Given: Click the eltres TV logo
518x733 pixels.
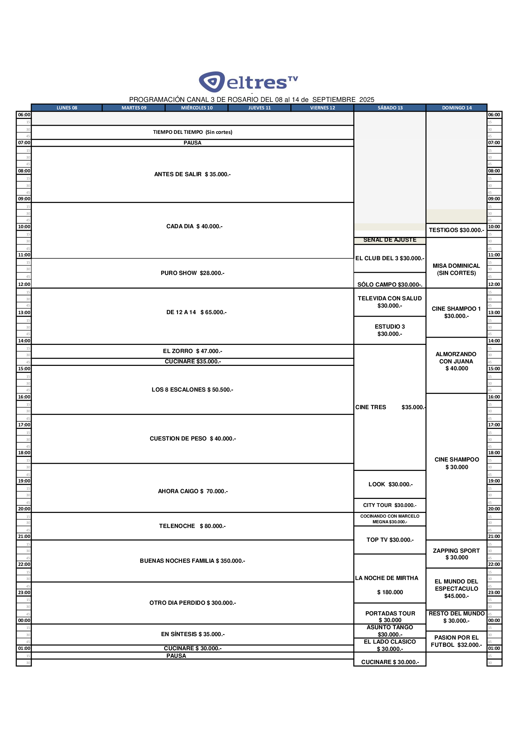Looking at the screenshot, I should tap(248, 82).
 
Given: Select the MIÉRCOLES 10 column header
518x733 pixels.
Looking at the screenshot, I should tap(196, 108).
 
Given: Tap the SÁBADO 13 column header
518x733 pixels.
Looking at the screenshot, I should tap(390, 108).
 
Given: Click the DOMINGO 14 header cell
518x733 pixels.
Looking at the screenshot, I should tap(456, 108).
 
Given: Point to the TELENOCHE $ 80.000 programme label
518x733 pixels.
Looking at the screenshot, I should tap(192, 526).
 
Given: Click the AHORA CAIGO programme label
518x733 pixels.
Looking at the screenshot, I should tap(192, 491).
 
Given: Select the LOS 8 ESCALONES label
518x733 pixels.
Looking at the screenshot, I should tap(192, 389).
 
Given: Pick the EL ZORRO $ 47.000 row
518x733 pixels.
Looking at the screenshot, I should tap(192, 351).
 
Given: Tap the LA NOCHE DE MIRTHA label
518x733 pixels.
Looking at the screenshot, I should tap(386, 578).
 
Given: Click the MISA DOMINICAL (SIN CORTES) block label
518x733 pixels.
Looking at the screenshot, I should tap(456, 269).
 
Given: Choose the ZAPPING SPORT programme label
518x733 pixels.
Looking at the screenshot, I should tap(456, 554).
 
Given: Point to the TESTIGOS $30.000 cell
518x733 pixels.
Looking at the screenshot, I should tap(456, 230).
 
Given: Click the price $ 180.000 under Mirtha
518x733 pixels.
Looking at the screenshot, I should tap(390, 592).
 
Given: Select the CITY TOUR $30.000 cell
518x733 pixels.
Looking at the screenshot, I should tap(390, 505).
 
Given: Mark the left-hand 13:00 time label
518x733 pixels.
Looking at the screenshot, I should tap(24, 313).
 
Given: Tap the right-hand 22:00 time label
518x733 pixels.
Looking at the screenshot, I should tap(494, 564).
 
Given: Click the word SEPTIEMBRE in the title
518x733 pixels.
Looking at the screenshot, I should tap(333, 100).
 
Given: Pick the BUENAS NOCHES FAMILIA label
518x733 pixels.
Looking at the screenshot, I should tap(192, 561).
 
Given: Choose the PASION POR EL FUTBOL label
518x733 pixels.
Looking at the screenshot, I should tap(456, 641).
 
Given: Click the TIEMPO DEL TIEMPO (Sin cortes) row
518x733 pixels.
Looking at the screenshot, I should tap(192, 132).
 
